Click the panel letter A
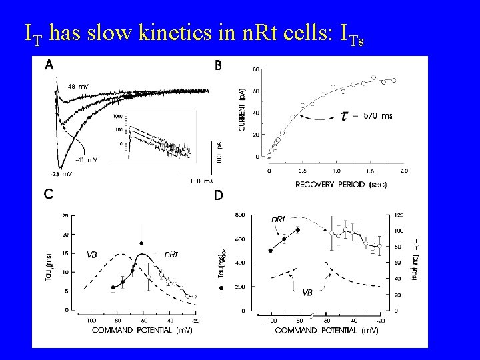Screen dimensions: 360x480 tap(50, 65)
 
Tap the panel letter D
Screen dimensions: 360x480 tap(218, 196)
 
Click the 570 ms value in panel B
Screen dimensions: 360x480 tap(378, 115)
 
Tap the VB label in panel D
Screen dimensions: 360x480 tap(307, 292)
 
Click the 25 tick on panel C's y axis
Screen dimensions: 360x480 tap(64, 215)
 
